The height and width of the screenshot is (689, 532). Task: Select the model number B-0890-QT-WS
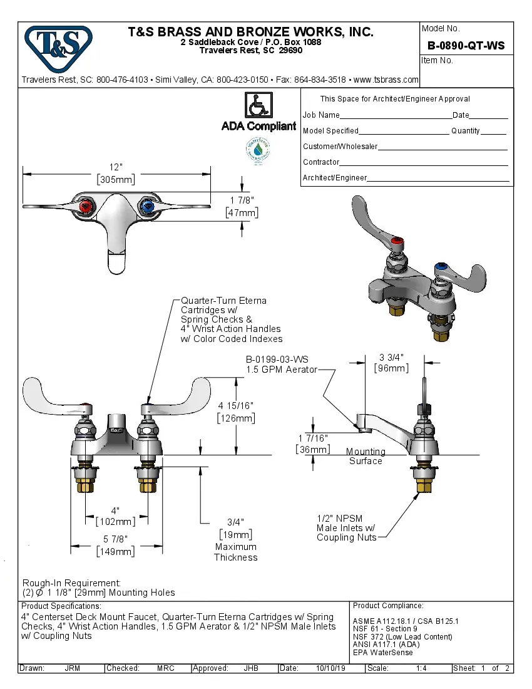pos(466,46)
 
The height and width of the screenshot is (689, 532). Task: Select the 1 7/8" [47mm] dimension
pos(242,207)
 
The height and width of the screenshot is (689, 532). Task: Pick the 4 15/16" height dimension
pos(236,412)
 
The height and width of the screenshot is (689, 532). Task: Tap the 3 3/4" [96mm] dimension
pos(391,363)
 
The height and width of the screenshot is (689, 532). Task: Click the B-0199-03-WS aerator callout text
pos(277,360)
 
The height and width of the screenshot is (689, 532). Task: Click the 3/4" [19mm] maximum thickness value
pos(235,528)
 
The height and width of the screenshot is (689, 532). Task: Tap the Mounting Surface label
pos(366,456)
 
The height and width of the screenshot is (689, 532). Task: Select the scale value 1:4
pos(421,668)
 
